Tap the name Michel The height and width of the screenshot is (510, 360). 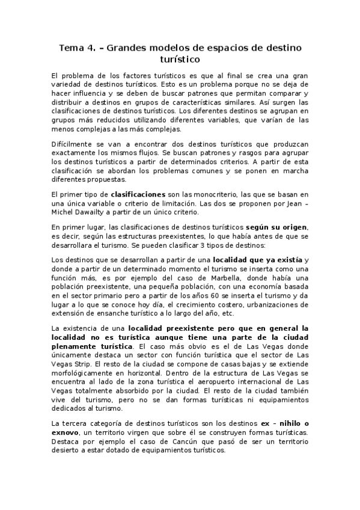pyautogui.click(x=64, y=212)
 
